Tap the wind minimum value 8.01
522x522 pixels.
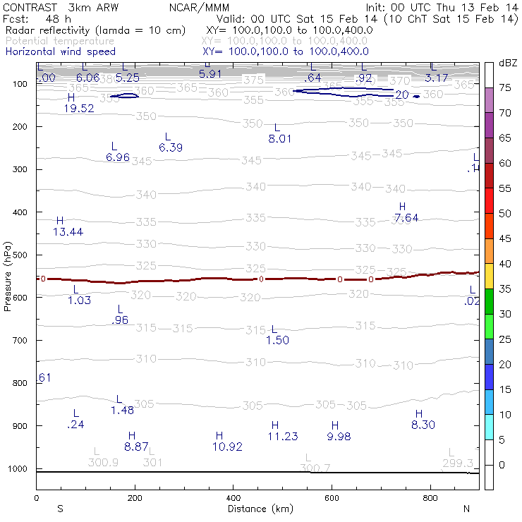point(279,139)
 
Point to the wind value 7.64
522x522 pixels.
point(406,218)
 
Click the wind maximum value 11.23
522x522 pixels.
point(283,437)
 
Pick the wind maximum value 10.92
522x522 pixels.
point(227,447)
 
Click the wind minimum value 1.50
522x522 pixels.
point(278,341)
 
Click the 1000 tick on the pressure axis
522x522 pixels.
point(18,469)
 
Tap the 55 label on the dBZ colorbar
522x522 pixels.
point(506,188)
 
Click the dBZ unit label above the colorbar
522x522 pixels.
point(507,63)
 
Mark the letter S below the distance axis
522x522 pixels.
point(61,509)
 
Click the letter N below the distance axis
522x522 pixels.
point(466,509)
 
